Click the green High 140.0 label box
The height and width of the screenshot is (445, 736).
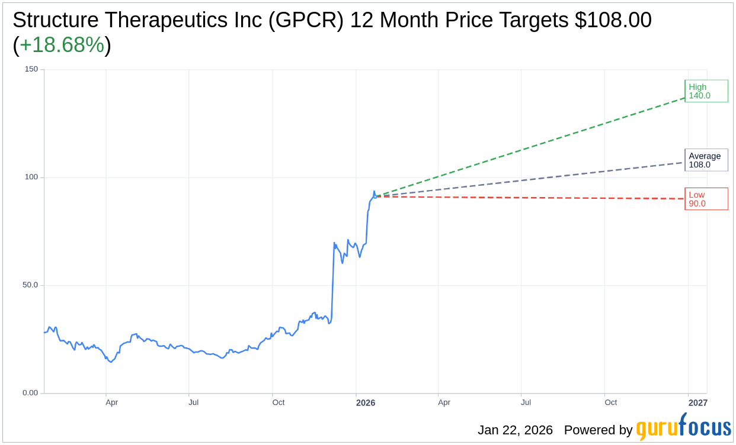(706, 91)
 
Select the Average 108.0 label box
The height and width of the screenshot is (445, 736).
(706, 160)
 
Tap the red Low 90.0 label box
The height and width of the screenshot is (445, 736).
(706, 199)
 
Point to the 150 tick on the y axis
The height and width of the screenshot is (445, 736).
(31, 69)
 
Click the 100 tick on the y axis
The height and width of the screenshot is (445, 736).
(31, 177)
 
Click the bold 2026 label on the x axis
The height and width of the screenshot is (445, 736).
(365, 403)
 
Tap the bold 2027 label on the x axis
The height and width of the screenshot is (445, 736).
(697, 403)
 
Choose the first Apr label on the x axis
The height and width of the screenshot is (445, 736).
(111, 402)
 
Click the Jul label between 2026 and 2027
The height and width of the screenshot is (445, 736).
(526, 402)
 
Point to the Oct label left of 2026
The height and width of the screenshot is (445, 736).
(278, 402)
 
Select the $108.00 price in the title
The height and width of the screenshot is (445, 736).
(613, 20)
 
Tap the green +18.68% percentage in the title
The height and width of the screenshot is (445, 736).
(62, 45)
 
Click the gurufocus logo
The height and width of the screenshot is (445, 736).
(683, 427)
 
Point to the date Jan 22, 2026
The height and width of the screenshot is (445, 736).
(515, 430)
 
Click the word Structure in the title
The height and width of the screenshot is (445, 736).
(56, 20)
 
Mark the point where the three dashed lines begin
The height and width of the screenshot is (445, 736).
(375, 196)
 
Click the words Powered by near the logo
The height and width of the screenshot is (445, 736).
(598, 430)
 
